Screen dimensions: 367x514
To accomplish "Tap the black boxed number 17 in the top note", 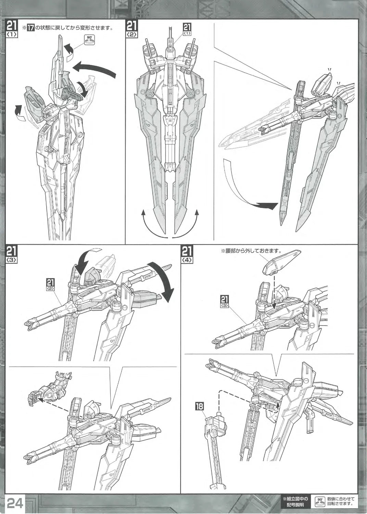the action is click(30, 28).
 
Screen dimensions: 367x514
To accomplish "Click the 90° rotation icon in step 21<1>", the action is click(89, 39).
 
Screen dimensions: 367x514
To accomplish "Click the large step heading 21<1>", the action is click(11, 28).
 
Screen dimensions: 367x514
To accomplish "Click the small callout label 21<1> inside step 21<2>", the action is click(187, 29).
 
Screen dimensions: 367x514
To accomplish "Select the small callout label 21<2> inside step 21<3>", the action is click(51, 284).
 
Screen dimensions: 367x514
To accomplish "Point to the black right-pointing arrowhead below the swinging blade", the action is click(268, 205).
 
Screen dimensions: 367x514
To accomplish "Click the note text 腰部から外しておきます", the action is click(251, 251).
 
